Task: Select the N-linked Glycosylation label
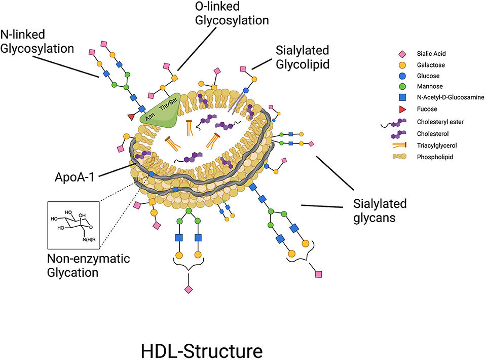coord(38,42)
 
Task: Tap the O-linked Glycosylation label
coord(232,14)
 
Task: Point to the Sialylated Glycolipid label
coord(303,57)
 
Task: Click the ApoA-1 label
coord(77,179)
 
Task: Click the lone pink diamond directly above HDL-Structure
coord(188,289)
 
